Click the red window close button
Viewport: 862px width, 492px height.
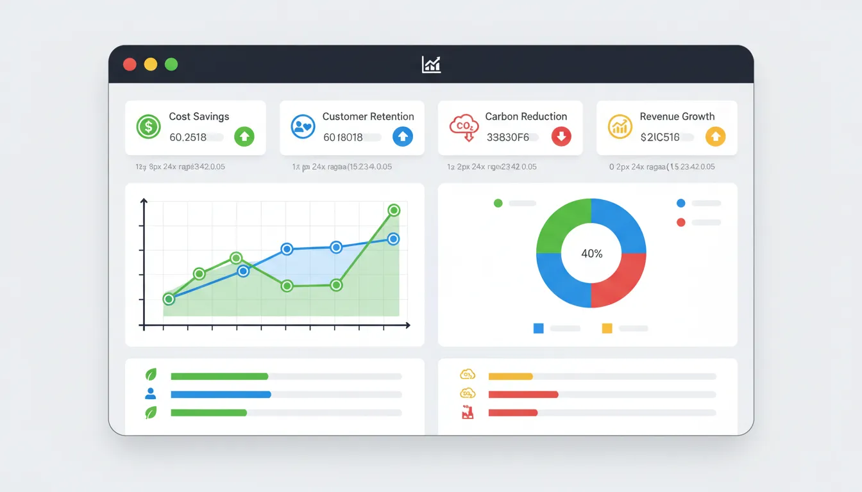click(x=130, y=64)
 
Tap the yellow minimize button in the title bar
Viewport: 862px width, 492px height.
click(x=150, y=64)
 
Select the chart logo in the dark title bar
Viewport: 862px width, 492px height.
click(x=431, y=64)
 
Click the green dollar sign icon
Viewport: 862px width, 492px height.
click(x=149, y=126)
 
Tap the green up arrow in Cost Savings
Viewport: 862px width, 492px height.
click(x=244, y=136)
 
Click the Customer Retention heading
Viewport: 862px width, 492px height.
click(x=368, y=117)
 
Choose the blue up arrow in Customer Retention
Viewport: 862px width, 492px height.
click(x=402, y=136)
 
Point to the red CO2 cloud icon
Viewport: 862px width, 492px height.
click(x=463, y=126)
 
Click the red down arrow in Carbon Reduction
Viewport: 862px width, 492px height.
click(x=561, y=136)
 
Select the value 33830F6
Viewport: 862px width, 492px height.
click(x=507, y=137)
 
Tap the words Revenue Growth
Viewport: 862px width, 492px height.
click(x=677, y=117)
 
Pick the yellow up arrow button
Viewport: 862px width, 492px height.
click(x=715, y=136)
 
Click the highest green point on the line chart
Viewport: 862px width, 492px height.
click(x=394, y=210)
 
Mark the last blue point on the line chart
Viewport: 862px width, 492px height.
click(x=394, y=239)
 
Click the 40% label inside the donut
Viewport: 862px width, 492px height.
click(x=591, y=254)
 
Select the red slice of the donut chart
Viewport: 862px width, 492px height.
click(x=618, y=282)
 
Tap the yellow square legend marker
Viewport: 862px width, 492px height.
click(x=607, y=329)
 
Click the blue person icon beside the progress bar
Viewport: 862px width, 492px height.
click(x=151, y=394)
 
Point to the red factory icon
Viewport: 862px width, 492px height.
click(x=467, y=413)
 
